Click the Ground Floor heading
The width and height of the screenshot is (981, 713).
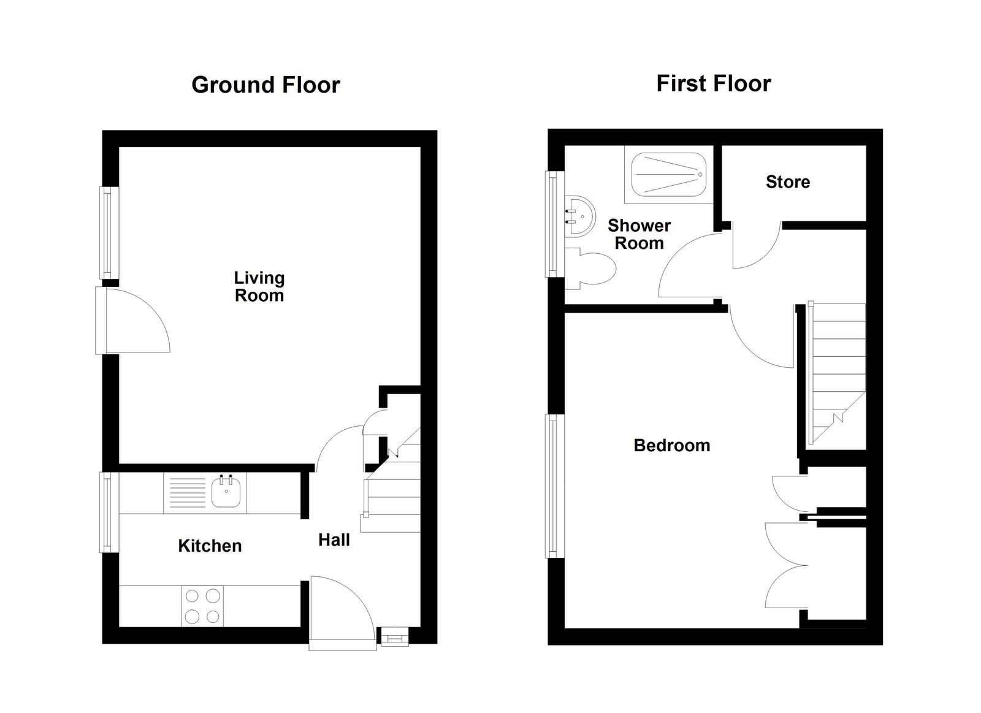pos(265,85)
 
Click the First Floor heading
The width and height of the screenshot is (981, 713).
pos(713,83)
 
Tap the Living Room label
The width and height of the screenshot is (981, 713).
pos(259,286)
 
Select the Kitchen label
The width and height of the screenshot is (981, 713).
pos(210,546)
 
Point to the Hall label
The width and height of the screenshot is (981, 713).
pos(334,540)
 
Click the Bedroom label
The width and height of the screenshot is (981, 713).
pos(671,445)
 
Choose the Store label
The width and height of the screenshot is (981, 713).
pos(787,181)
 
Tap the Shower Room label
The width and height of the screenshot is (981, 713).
pos(639,234)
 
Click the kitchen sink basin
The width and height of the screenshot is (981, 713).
pos(226,493)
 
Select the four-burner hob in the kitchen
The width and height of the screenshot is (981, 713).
pos(202,606)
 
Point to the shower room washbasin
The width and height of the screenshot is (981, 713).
pos(579,217)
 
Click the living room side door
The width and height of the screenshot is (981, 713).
pos(132,321)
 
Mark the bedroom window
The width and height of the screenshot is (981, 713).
pos(554,486)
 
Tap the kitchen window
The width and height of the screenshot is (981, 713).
pos(107,511)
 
